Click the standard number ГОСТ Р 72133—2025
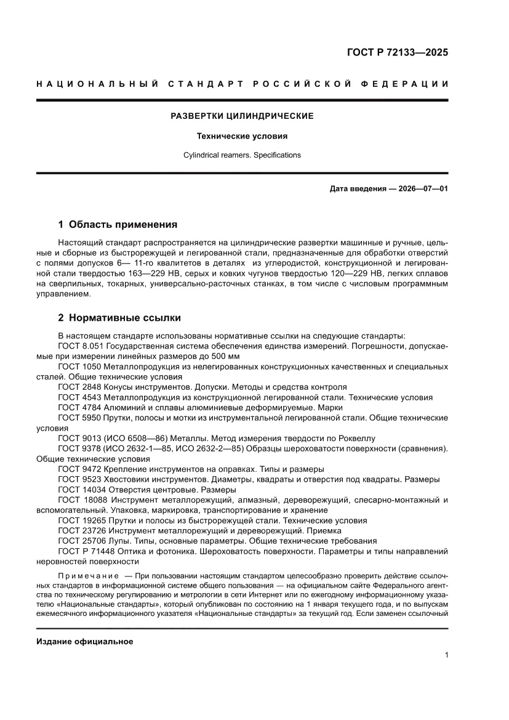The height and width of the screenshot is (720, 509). [396, 52]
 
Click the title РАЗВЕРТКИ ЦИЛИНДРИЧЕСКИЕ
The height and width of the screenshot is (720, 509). [242, 116]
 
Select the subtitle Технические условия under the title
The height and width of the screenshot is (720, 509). [242, 136]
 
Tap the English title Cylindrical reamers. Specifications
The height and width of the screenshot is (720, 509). [242, 155]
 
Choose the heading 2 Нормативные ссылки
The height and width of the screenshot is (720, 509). [119, 318]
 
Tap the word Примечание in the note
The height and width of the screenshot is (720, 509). [86, 575]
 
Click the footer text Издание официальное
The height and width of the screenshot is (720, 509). [85, 642]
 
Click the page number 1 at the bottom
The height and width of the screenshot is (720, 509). [446, 655]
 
